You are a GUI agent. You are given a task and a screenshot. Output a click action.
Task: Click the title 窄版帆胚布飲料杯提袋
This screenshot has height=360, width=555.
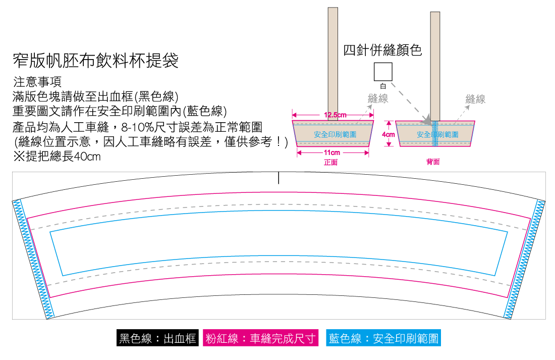coord(95,61)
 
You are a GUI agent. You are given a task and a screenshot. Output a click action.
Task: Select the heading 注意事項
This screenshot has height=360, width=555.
coord(37,82)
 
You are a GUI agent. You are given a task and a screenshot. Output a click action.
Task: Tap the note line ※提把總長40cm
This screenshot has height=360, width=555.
coord(57,156)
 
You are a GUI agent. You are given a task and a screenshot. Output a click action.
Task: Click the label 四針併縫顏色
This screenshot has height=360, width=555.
coord(382,50)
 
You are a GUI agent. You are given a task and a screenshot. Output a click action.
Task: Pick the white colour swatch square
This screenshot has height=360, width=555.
coord(383,72)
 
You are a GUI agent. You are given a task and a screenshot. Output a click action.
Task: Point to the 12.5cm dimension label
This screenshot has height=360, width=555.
coord(335,115)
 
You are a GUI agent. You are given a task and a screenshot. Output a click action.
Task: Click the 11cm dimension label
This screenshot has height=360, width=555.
coord(332,152)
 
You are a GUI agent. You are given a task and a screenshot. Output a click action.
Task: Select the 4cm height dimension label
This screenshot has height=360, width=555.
coord(388,135)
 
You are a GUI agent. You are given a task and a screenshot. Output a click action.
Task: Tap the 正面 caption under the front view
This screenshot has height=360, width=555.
coord(331,162)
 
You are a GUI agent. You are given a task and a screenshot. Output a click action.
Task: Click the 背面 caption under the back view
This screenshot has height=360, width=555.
coord(433,162)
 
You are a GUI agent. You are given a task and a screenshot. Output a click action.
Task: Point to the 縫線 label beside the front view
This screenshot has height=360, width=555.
coord(378,98)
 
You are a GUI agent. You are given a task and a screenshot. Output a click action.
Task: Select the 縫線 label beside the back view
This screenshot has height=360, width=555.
coord(475,99)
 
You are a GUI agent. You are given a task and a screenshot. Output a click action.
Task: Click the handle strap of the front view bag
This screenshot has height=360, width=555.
coord(332,64)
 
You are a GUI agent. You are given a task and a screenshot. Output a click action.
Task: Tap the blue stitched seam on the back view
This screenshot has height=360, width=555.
coord(435,134)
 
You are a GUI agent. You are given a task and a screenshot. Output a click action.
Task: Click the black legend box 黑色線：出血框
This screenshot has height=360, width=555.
coord(157,338)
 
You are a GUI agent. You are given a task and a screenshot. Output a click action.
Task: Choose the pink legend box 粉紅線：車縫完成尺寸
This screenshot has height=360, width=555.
coord(260,338)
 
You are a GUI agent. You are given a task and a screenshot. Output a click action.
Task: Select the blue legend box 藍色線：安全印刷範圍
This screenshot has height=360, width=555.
coord(383,338)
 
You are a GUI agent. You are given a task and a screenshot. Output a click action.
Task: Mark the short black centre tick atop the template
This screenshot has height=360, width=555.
coord(279,178)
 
